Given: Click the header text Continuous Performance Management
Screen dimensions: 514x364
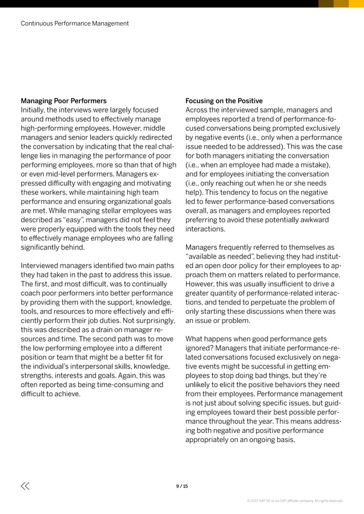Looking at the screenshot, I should pyautogui.click(x=75, y=23).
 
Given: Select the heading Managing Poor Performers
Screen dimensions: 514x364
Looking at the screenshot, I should pyautogui.click(x=63, y=101).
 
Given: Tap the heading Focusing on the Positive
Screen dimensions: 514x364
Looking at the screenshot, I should pyautogui.click(x=224, y=101).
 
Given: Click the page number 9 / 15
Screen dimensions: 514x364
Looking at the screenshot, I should pyautogui.click(x=182, y=486).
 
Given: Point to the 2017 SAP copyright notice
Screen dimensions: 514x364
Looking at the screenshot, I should pyautogui.click(x=294, y=501).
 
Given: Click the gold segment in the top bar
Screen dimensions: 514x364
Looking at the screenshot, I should pyautogui.click(x=341, y=3).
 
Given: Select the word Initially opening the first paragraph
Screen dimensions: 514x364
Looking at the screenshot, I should pyautogui.click(x=34, y=110).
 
